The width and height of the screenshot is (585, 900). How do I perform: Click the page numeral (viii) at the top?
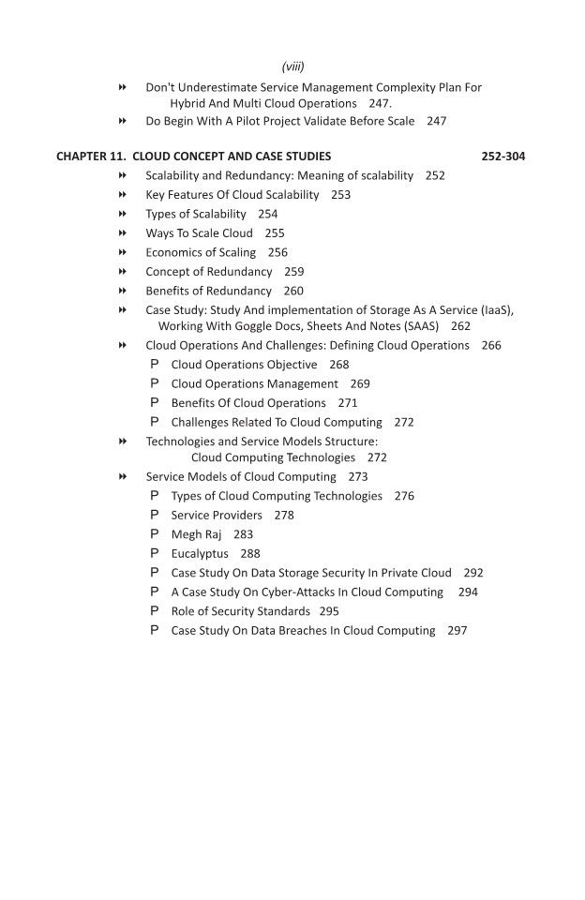point(292,67)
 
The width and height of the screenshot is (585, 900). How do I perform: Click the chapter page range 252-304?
point(502,157)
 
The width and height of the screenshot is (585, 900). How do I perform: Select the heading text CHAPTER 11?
point(91,157)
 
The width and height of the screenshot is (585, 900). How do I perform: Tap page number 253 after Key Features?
point(340,195)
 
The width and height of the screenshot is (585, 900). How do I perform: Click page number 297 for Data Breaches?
point(457,631)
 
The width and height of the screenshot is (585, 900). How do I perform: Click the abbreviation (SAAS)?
point(418,326)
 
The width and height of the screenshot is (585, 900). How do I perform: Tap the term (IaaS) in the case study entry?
point(495,309)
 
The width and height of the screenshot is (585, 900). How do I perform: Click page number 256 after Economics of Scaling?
point(277,252)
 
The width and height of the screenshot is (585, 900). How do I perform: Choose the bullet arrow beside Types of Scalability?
point(123,214)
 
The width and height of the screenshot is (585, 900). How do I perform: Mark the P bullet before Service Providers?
point(155,515)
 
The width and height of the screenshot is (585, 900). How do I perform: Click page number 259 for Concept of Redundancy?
point(293,271)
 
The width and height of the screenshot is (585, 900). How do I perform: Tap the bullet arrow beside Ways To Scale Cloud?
point(123,233)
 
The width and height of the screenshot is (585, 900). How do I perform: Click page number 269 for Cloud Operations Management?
point(360,383)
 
